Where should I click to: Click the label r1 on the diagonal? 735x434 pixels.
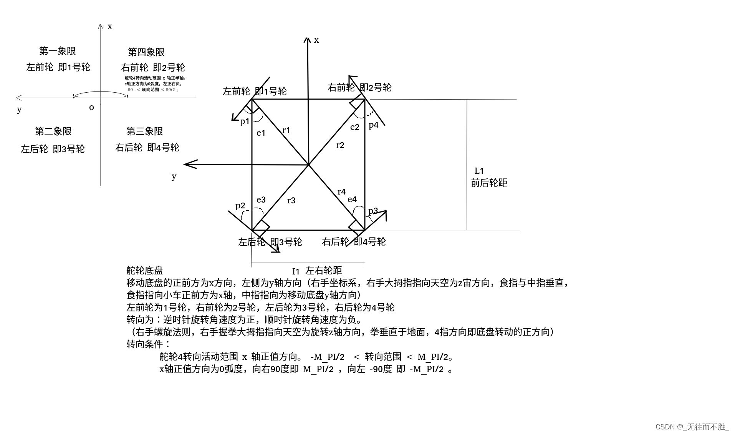click(286, 130)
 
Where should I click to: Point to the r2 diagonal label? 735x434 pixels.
click(340, 145)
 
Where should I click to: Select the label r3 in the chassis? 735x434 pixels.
click(291, 200)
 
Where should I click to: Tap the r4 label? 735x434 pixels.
click(341, 191)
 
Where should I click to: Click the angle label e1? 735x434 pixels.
click(261, 133)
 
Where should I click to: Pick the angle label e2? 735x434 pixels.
click(355, 127)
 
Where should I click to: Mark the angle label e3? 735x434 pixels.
click(261, 200)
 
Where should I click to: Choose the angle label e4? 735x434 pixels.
click(352, 199)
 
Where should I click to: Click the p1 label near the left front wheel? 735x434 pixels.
click(245, 122)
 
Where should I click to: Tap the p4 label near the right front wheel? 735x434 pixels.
click(373, 125)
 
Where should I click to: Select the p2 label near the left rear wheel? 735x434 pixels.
click(240, 206)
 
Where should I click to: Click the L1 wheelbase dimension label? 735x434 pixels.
click(479, 171)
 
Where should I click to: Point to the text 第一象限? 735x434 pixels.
click(58, 51)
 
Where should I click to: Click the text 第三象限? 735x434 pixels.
click(145, 131)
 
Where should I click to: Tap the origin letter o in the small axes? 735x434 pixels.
click(91, 107)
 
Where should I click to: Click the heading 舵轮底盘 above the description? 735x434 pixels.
click(145, 271)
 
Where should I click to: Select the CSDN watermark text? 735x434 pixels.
click(692, 427)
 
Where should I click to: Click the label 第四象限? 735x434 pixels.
click(146, 52)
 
